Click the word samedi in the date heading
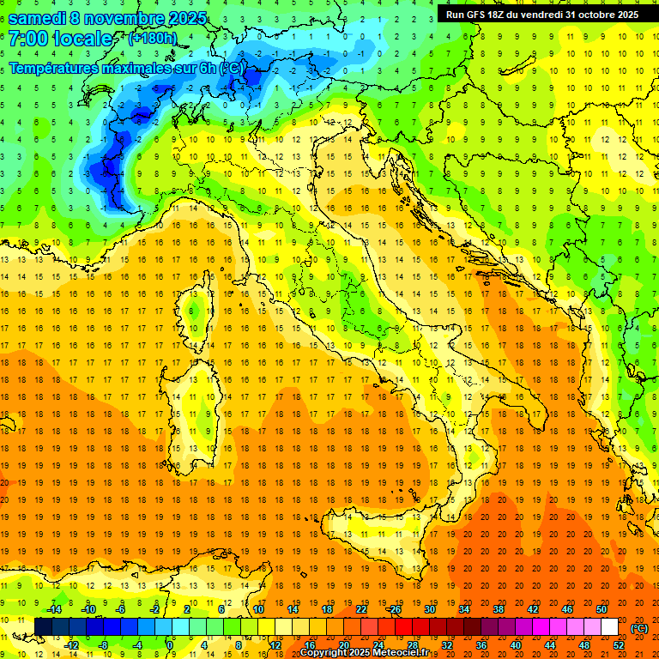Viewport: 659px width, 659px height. coord(41,17)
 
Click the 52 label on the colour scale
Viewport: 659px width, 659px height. coord(619,644)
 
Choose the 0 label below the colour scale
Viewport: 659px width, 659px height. coord(170,644)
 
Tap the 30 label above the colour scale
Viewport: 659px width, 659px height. coord(430,609)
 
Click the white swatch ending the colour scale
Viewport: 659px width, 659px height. coord(609,626)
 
